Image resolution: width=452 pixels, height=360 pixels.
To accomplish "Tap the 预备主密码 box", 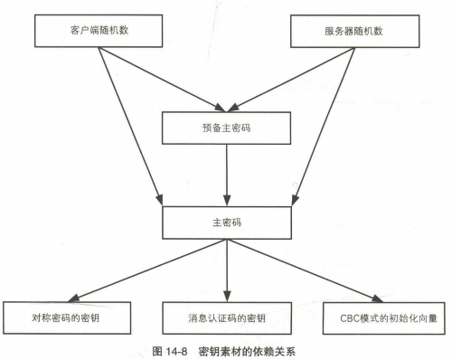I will pyautogui.click(x=226, y=128).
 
